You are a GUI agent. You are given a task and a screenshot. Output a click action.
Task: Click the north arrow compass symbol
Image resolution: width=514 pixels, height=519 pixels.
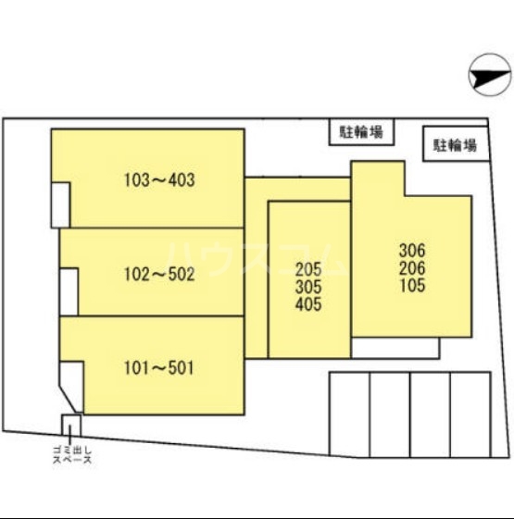click(490, 75)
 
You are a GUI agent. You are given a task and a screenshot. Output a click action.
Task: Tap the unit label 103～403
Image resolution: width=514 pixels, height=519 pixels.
click(159, 180)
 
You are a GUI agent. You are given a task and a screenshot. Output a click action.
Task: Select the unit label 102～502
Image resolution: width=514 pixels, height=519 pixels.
click(159, 275)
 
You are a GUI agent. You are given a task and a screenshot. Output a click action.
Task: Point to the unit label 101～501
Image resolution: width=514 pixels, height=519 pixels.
click(159, 367)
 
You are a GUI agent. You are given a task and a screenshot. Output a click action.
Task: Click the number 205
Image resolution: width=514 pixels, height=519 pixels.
click(308, 269)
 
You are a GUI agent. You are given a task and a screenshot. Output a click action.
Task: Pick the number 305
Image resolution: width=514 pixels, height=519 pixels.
click(308, 287)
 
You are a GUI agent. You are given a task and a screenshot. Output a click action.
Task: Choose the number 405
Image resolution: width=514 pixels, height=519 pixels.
click(308, 304)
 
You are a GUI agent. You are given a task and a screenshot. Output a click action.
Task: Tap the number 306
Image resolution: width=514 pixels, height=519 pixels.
click(412, 251)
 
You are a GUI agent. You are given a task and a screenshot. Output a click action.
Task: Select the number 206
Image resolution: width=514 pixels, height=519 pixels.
click(412, 268)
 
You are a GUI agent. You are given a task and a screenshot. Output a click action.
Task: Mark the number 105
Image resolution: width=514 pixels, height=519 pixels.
click(412, 285)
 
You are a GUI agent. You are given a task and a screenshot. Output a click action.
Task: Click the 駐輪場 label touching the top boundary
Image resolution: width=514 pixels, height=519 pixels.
click(361, 132)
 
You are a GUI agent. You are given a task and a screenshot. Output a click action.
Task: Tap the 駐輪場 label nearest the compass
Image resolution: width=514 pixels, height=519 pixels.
click(456, 145)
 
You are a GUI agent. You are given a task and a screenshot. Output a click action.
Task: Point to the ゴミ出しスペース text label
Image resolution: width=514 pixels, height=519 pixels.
click(72, 455)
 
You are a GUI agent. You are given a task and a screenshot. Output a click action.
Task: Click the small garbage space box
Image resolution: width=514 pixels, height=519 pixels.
click(71, 425)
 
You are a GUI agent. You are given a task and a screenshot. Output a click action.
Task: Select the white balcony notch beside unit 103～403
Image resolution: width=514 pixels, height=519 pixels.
click(60, 204)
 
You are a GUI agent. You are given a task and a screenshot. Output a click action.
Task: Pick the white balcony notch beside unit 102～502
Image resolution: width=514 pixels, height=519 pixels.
click(69, 291)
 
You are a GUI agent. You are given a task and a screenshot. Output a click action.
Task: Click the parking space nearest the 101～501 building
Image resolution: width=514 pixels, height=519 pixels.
click(349, 414)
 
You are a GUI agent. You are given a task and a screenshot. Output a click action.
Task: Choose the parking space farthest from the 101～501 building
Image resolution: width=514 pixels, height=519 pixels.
click(470, 414)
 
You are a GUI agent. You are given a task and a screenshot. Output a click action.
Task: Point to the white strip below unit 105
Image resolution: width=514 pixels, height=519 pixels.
click(395, 348)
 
